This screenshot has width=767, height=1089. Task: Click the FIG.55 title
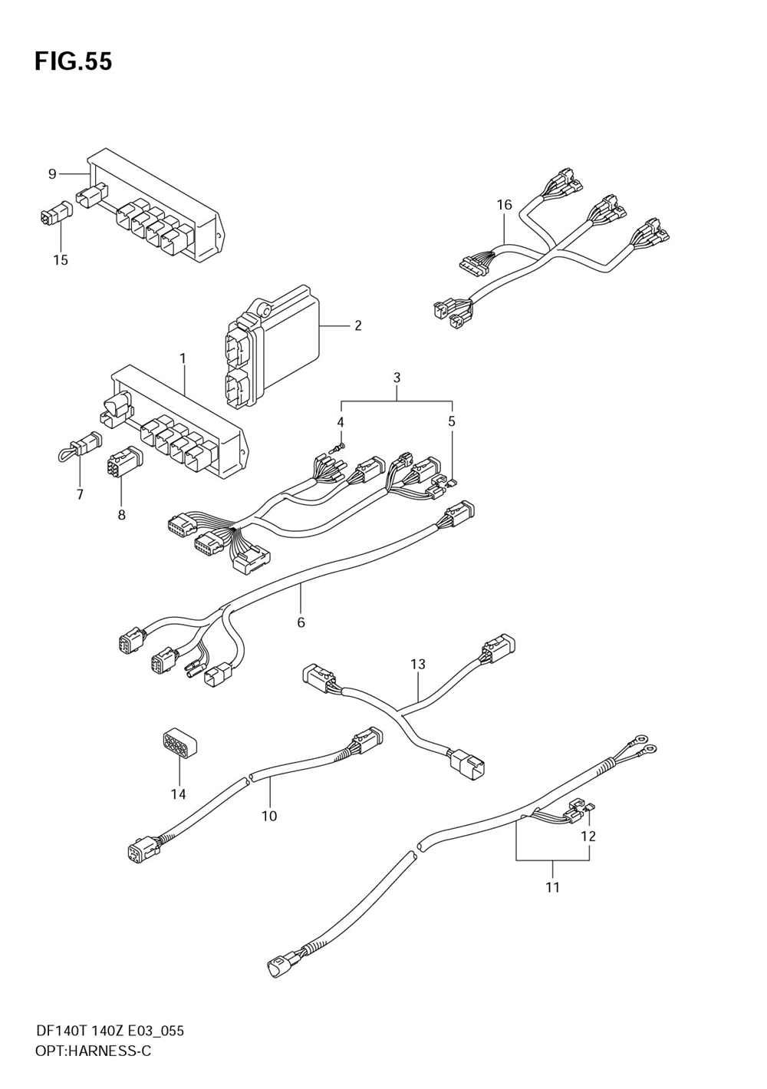(73, 61)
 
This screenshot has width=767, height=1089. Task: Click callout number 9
(52, 173)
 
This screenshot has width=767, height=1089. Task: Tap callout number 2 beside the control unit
(357, 325)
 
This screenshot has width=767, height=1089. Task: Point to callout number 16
(504, 205)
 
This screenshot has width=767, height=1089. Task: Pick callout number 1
(183, 358)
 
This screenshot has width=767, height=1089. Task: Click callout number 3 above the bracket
(397, 377)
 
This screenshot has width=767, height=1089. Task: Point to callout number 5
(451, 421)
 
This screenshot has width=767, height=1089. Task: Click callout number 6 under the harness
(301, 622)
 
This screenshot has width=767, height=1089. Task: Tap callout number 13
(417, 664)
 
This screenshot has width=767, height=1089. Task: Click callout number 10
(268, 816)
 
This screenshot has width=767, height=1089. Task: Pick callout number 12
(588, 836)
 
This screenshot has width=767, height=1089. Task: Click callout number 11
(552, 887)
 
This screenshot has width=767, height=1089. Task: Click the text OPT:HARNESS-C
(93, 1051)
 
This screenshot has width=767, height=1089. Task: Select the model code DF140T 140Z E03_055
(109, 1031)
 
